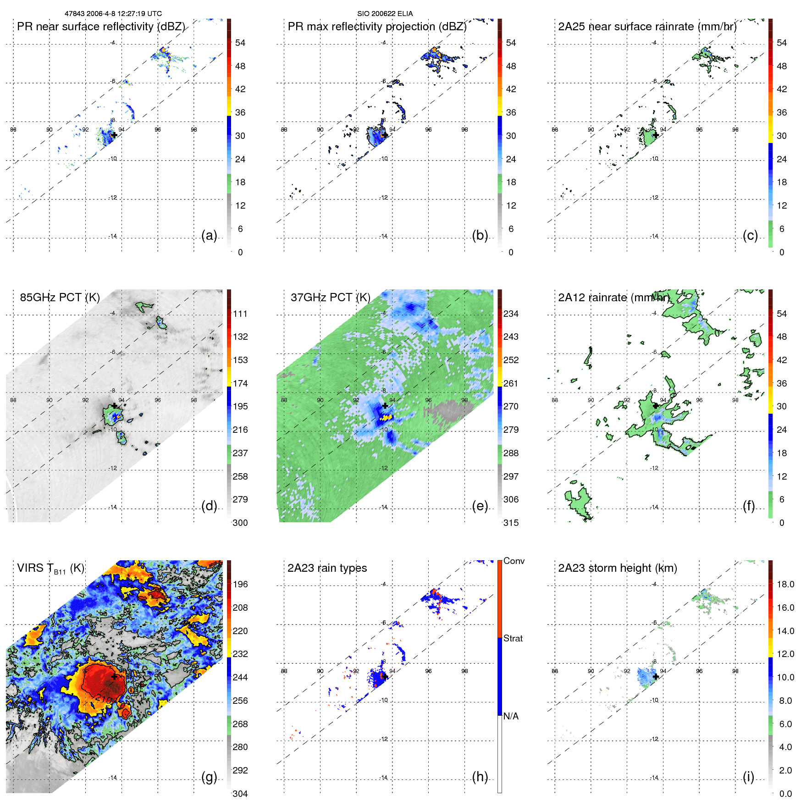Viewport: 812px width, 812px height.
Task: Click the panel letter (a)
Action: [x=209, y=236]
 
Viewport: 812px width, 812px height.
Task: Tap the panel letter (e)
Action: [x=480, y=506]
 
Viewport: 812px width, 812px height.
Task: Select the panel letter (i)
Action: [x=748, y=777]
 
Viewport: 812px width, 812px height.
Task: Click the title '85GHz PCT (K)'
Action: [x=60, y=298]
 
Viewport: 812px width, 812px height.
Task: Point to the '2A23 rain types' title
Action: [x=327, y=568]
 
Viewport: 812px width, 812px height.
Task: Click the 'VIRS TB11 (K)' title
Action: [x=50, y=569]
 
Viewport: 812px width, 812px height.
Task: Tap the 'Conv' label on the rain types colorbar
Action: [x=514, y=561]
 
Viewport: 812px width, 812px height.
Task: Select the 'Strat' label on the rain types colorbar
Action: [x=513, y=639]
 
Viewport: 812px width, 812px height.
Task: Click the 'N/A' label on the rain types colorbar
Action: [x=511, y=716]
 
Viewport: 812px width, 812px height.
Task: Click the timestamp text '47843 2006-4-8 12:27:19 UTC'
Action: [x=113, y=14]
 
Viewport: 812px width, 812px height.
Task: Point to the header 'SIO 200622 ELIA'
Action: [x=385, y=14]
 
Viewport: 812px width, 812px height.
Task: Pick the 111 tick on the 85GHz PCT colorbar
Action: [x=240, y=314]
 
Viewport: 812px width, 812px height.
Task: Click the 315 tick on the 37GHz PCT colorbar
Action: [x=511, y=523]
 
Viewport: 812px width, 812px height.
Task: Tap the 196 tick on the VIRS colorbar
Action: [x=240, y=585]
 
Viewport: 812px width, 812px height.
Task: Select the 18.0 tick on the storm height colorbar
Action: [x=785, y=585]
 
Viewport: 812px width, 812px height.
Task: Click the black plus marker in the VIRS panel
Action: [x=114, y=676]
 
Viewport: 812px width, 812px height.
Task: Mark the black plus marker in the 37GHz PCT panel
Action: [x=385, y=406]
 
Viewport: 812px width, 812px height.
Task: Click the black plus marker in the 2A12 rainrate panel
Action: [x=656, y=406]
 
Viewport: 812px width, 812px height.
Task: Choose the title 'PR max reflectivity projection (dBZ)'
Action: [x=377, y=27]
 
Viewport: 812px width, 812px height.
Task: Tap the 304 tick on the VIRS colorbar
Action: [x=240, y=794]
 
